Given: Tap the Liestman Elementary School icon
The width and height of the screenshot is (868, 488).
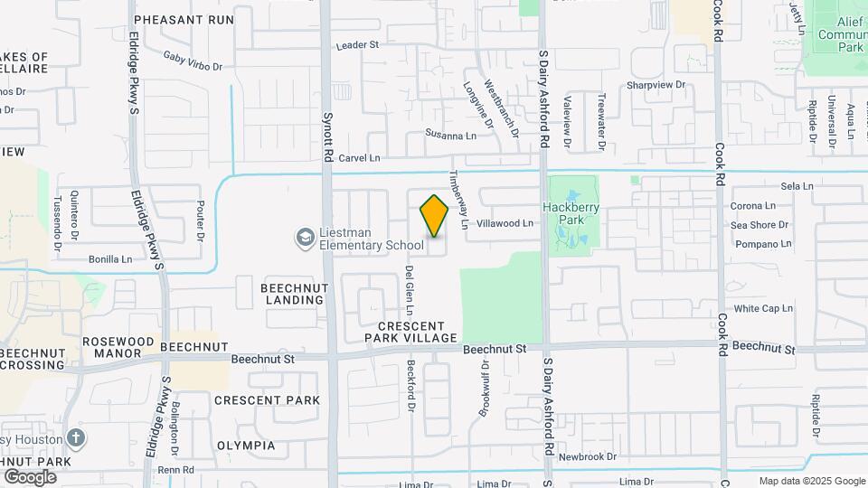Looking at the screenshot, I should pos(305,238).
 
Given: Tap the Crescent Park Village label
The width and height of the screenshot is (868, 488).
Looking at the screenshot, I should pos(411,332).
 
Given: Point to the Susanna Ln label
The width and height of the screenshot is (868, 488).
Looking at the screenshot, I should pos(451,135).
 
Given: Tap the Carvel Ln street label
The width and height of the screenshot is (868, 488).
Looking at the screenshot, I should pos(359,157).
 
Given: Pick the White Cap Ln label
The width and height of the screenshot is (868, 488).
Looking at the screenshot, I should pos(763,308).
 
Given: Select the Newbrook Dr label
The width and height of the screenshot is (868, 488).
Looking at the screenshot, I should pos(587,457).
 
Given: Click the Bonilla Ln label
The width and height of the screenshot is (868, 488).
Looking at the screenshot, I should pos(110,259).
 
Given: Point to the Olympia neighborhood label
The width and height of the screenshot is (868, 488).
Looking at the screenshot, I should pos(246,446).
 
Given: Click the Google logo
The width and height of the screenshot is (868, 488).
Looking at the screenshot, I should pos(30,477).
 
